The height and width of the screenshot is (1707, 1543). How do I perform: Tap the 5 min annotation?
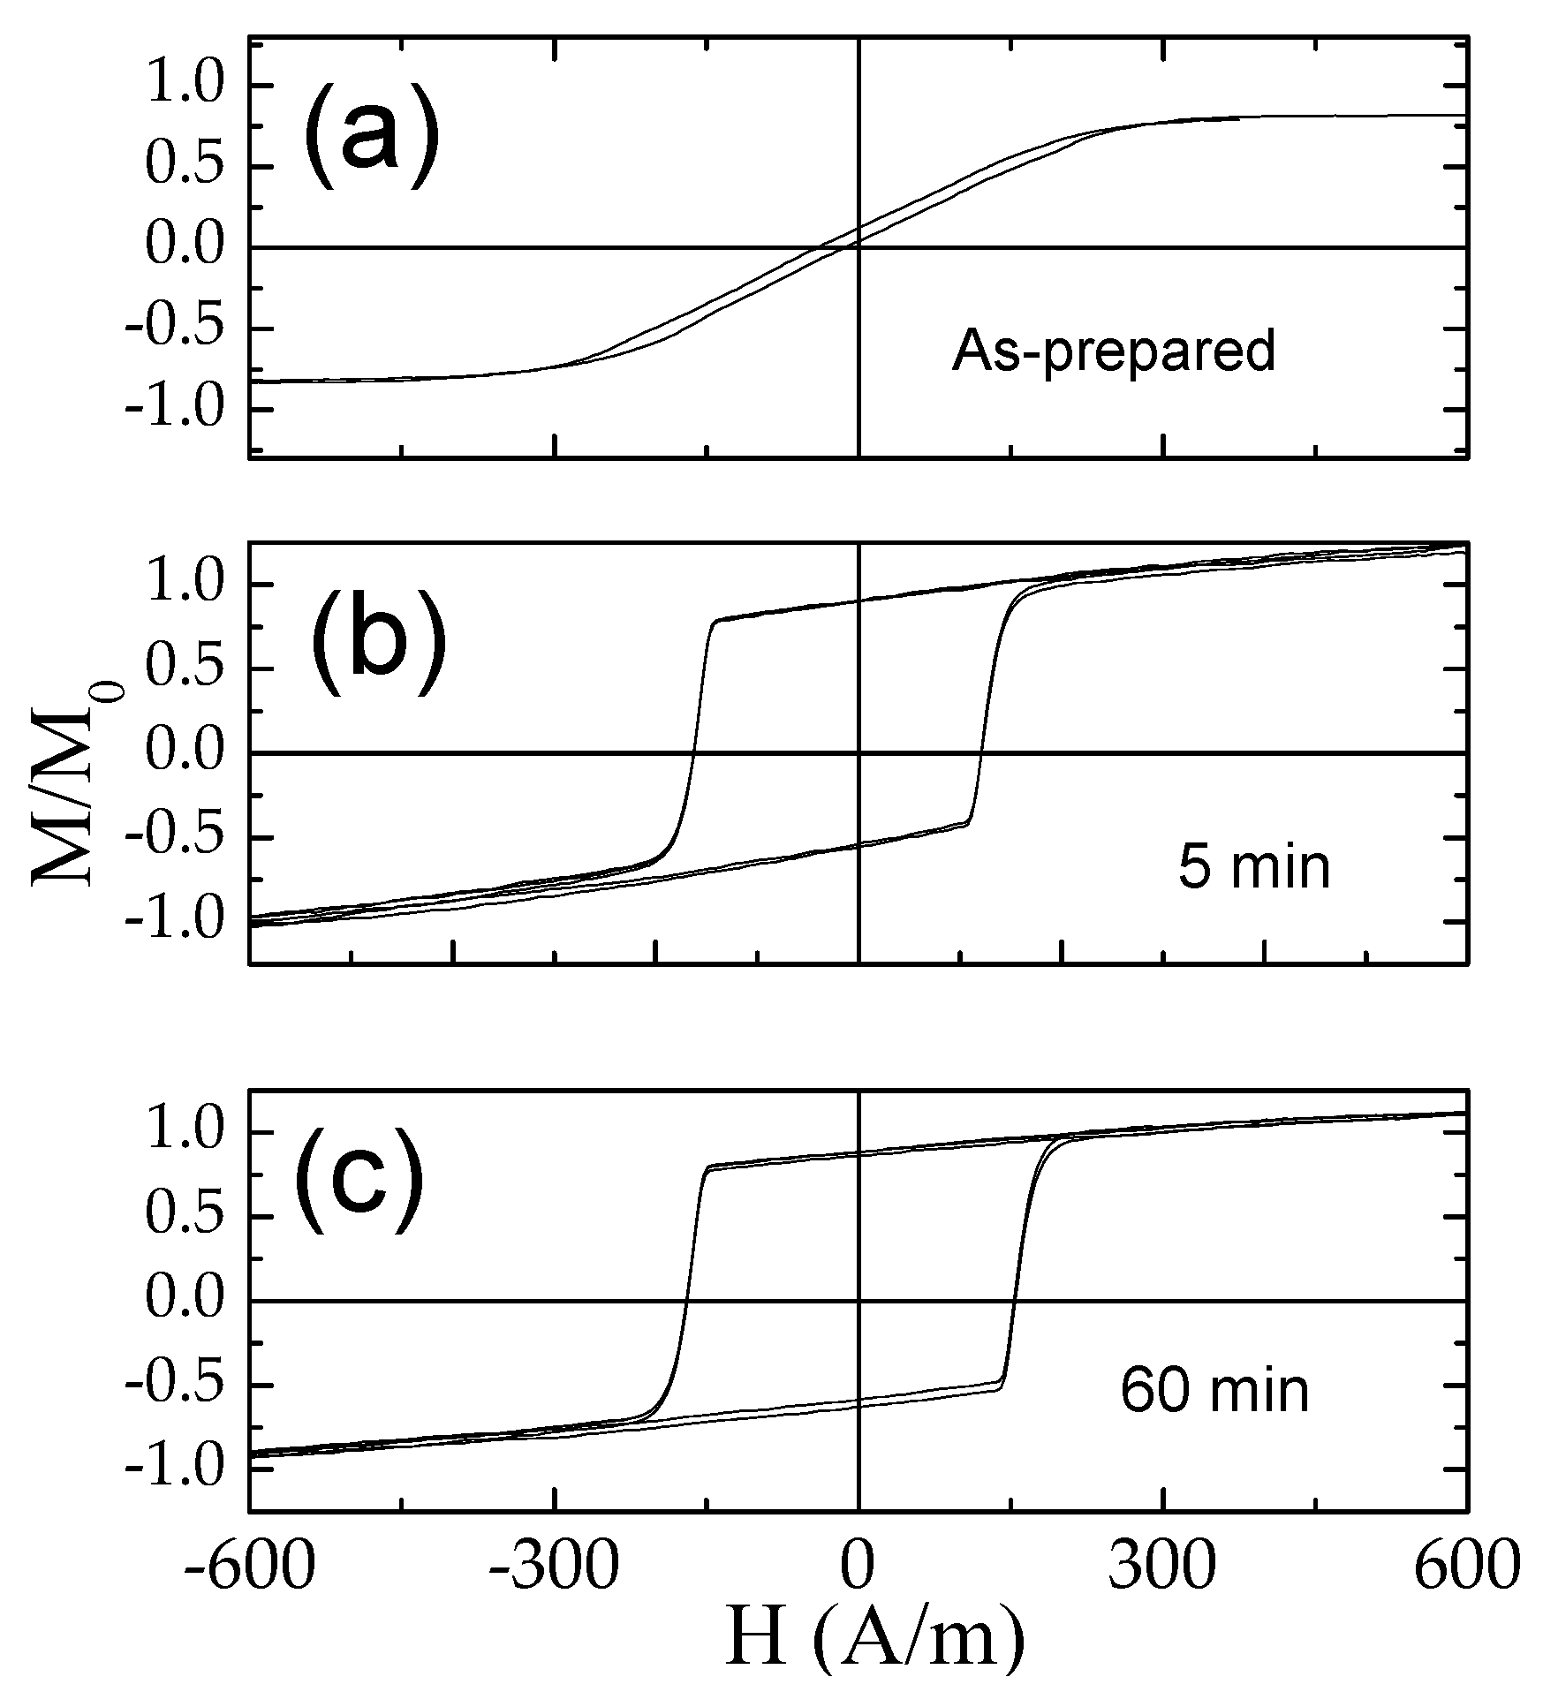1253,867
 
